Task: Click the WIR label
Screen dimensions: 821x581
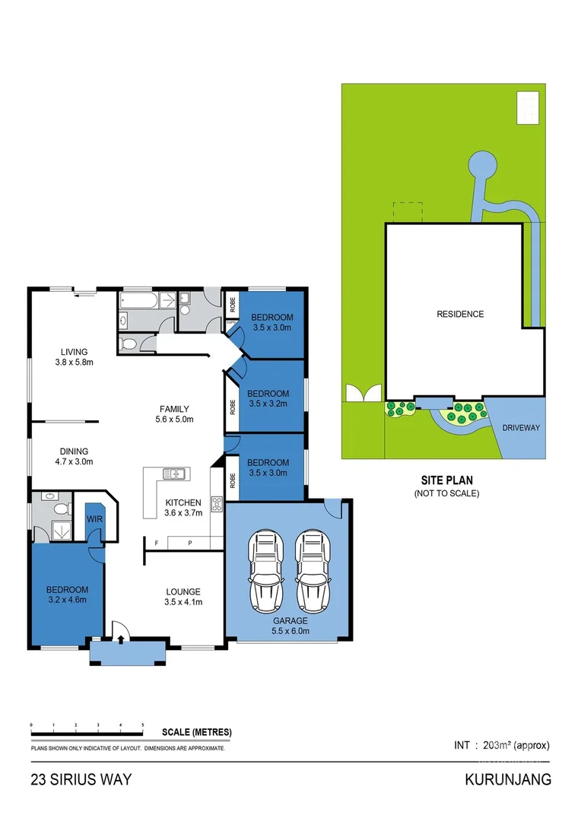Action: tap(94, 519)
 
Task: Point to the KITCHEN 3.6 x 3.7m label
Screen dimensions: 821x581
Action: tap(183, 507)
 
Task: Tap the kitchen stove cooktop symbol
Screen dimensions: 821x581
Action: tap(216, 503)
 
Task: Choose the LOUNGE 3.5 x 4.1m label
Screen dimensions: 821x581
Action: tap(183, 597)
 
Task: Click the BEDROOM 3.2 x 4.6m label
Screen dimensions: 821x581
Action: tap(67, 594)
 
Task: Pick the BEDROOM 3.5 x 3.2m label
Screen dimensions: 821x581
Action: tap(268, 398)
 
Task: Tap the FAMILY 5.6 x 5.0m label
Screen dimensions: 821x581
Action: tap(174, 414)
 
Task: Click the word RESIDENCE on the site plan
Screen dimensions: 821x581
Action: tap(459, 314)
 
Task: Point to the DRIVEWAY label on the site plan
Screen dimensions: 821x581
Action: tap(520, 428)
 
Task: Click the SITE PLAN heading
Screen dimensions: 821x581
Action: tap(446, 480)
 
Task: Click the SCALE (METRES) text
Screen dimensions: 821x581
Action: tap(196, 733)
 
